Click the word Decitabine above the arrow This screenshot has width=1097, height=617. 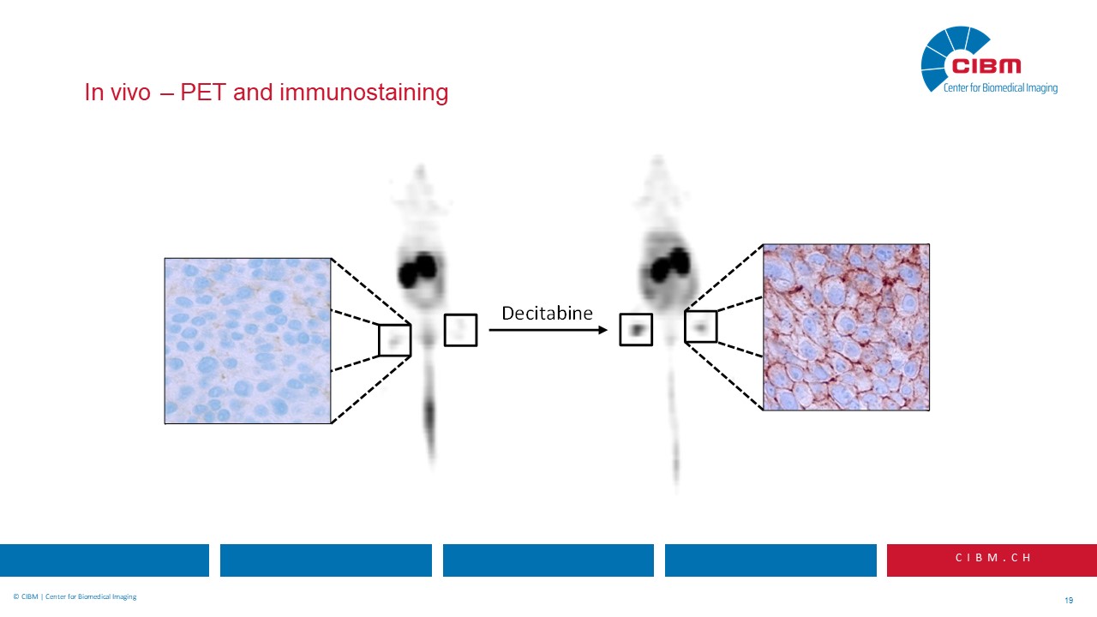click(x=547, y=313)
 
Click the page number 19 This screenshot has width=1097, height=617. click(x=1068, y=600)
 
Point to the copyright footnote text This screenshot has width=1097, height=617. click(x=75, y=596)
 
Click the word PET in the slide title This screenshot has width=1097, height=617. click(x=203, y=93)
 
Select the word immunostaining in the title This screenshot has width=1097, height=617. click(x=364, y=93)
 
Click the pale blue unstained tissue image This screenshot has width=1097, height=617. click(x=248, y=340)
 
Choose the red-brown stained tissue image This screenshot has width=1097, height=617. click(x=846, y=326)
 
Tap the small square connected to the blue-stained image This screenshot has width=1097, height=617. click(x=395, y=340)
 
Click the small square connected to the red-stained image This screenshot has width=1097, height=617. click(x=700, y=326)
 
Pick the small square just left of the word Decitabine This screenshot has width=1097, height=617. click(x=460, y=330)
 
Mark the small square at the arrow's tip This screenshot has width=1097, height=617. click(x=636, y=330)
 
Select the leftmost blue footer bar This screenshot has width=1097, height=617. click(x=105, y=560)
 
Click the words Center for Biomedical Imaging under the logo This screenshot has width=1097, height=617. click(x=1000, y=88)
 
